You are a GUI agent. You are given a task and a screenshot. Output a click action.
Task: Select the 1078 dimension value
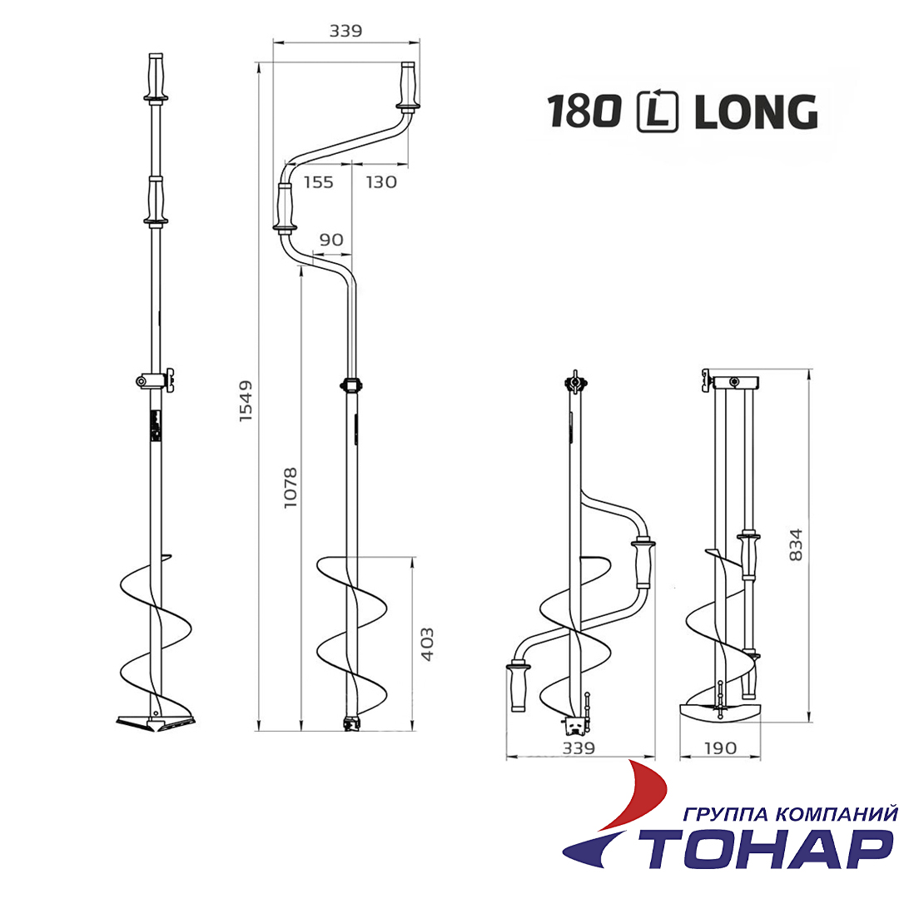click(291, 489)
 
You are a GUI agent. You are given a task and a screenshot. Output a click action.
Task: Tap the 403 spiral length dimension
click(428, 643)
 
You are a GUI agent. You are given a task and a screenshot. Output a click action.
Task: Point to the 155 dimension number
click(318, 182)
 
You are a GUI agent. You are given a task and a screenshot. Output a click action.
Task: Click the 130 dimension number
click(381, 182)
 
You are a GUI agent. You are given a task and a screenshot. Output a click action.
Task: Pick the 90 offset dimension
click(331, 240)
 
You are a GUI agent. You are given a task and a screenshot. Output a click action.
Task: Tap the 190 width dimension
click(719, 748)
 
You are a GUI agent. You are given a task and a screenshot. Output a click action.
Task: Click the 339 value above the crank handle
click(345, 32)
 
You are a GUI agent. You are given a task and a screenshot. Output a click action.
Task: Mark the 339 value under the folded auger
click(579, 748)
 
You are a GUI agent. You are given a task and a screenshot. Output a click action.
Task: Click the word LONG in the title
click(755, 112)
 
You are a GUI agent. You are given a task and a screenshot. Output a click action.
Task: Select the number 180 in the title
click(585, 112)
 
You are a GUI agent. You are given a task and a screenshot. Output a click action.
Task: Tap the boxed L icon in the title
click(658, 112)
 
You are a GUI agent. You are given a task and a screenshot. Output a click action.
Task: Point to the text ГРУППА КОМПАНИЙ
click(789, 813)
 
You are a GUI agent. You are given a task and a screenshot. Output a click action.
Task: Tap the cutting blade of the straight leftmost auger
click(155, 721)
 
